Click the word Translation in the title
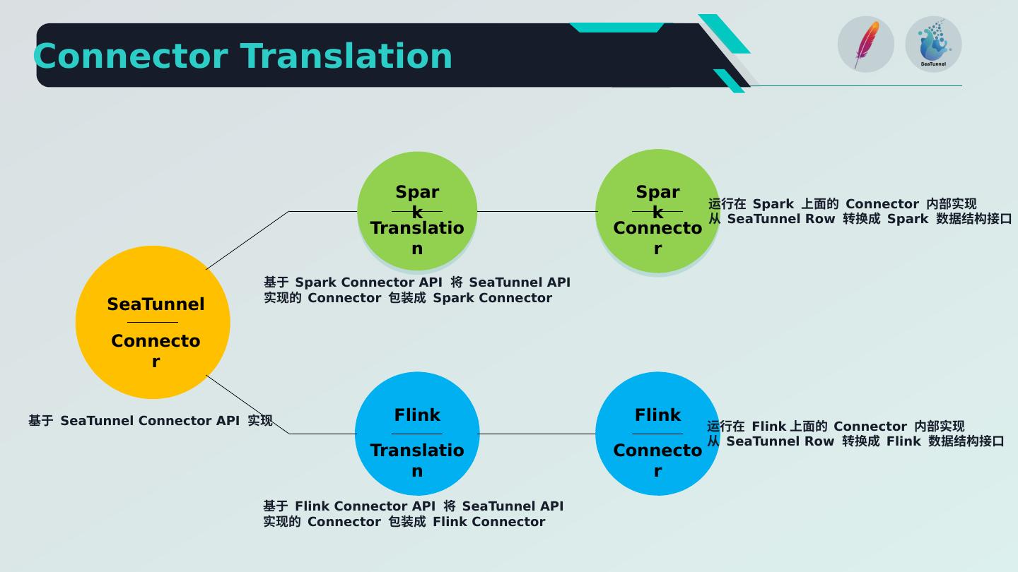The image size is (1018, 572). point(346,56)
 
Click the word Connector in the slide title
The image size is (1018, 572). point(131,56)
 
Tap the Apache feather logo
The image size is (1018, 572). point(866,44)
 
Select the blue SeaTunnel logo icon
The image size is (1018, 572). point(933,44)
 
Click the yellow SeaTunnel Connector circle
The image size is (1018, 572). point(153,322)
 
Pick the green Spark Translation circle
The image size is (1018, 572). point(417,211)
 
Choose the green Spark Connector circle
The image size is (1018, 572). point(657,211)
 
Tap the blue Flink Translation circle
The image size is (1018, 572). point(417,434)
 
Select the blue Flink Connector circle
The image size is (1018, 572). point(657,434)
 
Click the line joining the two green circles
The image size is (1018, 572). point(537,212)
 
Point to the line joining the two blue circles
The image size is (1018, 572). point(537,434)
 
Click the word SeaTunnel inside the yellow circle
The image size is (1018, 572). point(156,304)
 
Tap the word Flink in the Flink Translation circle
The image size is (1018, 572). point(417,415)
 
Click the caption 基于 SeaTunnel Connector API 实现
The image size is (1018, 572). point(151,421)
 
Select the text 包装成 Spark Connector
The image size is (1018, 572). point(470,298)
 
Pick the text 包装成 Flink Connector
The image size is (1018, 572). point(467,522)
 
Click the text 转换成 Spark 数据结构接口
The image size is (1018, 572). point(927,219)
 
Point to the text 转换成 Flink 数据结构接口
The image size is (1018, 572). point(923,441)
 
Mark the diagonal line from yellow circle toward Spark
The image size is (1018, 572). point(247,241)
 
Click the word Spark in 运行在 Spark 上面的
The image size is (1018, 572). point(773,204)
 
